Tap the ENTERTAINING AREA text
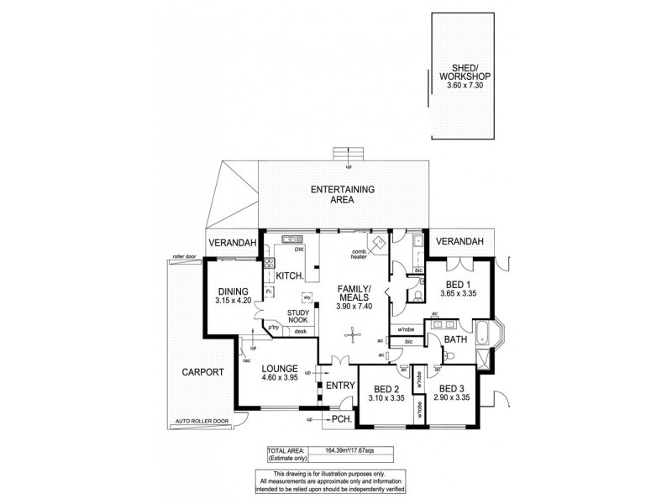click(343, 195)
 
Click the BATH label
click(455, 339)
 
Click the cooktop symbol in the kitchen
click(270, 262)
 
